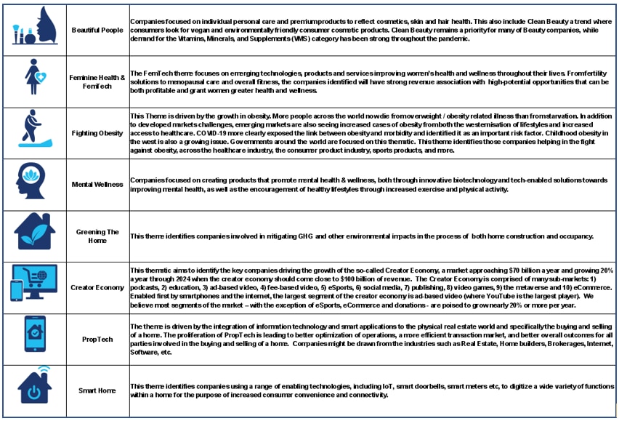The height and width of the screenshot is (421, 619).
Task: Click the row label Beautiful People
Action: coord(97,30)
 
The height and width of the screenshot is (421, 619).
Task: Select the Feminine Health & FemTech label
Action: coord(97,81)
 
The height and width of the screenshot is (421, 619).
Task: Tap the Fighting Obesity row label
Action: coord(97,133)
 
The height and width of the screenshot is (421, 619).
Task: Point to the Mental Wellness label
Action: coord(97,185)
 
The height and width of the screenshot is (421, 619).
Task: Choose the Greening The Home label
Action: coord(97,236)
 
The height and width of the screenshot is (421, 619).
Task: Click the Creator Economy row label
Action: coord(97,287)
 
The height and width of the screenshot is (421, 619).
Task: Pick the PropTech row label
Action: coord(97,339)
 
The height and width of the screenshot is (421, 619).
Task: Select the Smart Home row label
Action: coord(97,390)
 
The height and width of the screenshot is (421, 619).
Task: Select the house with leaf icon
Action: coord(34,233)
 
